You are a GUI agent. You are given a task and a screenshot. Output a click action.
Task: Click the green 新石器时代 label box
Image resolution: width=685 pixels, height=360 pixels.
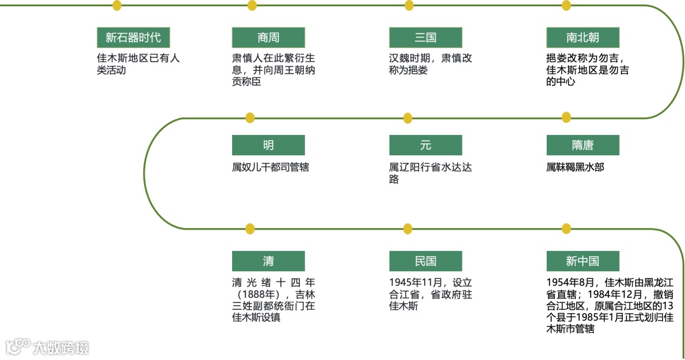133,37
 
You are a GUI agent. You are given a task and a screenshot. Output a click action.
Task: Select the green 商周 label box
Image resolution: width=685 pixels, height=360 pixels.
268,37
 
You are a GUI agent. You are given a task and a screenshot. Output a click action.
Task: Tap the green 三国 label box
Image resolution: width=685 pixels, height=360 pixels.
426,37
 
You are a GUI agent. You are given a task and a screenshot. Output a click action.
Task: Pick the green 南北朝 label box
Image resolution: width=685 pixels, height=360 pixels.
582,37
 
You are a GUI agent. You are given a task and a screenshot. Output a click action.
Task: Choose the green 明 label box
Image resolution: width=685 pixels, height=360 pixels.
268,145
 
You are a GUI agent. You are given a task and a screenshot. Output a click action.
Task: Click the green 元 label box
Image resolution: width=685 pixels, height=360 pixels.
426,145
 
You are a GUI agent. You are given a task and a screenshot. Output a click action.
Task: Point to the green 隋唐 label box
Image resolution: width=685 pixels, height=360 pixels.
582,145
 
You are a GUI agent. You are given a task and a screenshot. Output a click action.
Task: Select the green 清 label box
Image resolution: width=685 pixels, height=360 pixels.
268,261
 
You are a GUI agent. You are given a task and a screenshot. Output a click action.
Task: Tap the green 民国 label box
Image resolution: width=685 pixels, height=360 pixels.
426,261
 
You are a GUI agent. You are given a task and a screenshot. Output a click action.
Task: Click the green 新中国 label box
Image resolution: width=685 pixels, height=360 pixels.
582,261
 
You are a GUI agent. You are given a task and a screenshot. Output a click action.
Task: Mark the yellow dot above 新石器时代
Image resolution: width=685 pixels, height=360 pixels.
117,6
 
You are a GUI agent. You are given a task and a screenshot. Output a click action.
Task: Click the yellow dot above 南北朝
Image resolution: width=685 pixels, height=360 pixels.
566,6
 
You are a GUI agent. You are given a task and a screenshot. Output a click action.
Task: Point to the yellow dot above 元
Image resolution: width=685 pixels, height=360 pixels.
408,118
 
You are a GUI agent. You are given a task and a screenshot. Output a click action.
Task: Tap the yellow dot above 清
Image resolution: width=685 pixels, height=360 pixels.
250,228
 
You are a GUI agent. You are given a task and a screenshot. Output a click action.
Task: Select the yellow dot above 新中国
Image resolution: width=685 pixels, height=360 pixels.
566,228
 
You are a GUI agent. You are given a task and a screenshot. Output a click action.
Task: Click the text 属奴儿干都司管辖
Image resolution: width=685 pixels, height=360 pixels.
270,168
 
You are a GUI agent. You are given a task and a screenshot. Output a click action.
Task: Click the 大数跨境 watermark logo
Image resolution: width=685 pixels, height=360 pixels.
48,347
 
